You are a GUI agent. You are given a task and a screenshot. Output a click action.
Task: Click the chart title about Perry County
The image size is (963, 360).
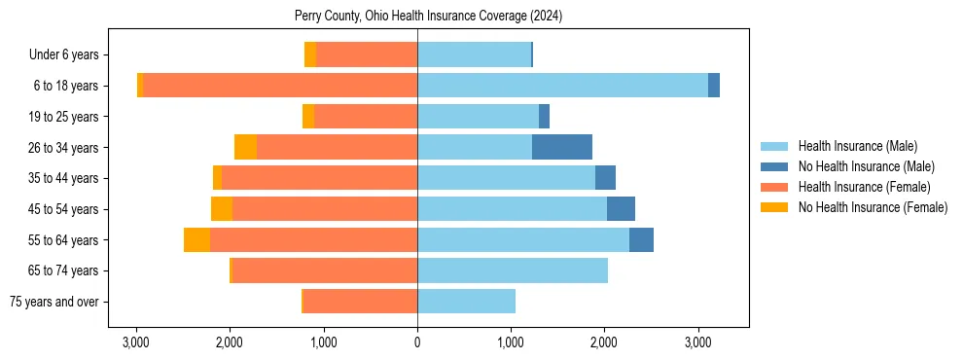(428, 17)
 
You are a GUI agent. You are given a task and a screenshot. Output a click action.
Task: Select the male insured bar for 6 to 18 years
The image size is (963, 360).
(562, 86)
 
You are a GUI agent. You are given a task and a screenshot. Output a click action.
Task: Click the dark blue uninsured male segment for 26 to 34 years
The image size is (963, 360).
(562, 147)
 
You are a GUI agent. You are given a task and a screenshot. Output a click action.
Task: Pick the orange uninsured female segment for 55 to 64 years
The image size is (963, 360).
(196, 239)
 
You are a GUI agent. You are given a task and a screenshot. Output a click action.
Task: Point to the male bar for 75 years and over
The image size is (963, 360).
(466, 302)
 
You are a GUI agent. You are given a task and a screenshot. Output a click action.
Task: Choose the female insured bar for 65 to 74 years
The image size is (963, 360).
(325, 270)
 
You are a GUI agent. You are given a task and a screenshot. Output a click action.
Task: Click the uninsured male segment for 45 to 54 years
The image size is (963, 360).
(621, 209)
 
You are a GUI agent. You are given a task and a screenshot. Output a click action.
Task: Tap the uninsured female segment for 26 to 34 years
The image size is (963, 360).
(245, 147)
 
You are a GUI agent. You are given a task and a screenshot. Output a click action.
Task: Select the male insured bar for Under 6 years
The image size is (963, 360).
(474, 54)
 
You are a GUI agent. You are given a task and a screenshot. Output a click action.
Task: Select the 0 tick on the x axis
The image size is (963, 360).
(417, 342)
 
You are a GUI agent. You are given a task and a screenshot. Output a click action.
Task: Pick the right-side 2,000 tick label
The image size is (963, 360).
(604, 342)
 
